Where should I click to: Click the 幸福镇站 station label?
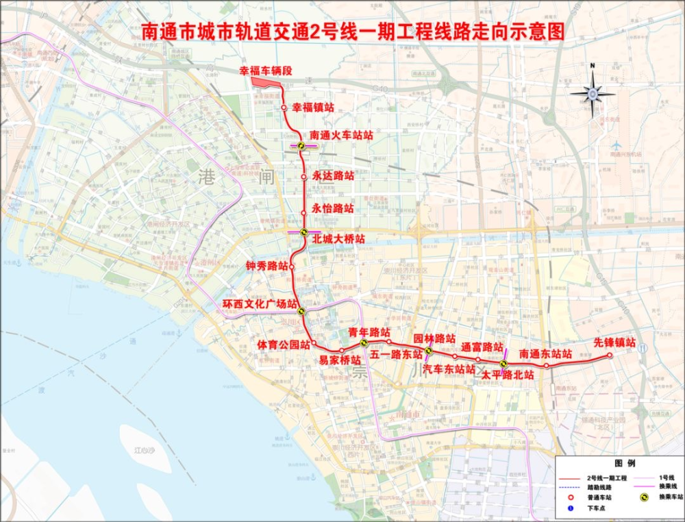[x=313, y=108]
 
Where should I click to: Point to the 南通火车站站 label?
[x=341, y=135]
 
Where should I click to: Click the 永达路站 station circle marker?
[x=303, y=177]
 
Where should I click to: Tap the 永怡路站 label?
[x=333, y=208]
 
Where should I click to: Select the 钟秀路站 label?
[x=266, y=266]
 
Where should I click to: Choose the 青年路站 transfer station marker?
[x=364, y=342]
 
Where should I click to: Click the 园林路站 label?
[x=434, y=338]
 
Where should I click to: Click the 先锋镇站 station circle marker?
[x=609, y=356]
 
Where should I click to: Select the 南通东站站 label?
[x=545, y=353]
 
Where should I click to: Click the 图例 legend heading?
[x=626, y=464]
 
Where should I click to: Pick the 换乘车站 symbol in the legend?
[x=645, y=497]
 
